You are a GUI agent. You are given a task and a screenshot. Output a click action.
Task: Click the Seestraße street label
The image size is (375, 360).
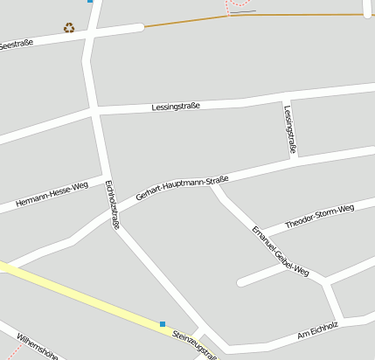coord(15,44)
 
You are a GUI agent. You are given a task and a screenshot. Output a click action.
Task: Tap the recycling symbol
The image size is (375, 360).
coord(69,27)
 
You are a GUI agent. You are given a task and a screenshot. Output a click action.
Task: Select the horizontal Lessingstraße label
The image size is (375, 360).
coord(177,106)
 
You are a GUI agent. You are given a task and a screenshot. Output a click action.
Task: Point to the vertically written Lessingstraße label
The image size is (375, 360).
coord(289,129)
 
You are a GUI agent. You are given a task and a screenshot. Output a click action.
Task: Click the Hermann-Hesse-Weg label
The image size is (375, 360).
coord(52,197)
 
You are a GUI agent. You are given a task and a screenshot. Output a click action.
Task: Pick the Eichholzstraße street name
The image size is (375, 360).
coord(111,204)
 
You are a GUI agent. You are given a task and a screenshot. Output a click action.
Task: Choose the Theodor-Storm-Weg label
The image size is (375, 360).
coord(320,216)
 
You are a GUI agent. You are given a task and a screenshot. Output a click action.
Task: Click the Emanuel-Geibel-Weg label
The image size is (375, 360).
coord(281,251)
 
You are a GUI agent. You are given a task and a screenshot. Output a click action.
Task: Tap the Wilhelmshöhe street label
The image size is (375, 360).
coord(38,347)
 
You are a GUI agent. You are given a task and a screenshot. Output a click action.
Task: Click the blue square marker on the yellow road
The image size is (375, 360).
coord(163,324)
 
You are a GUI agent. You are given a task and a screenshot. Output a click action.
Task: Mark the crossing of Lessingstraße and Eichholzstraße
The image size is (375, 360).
coord(93,113)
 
